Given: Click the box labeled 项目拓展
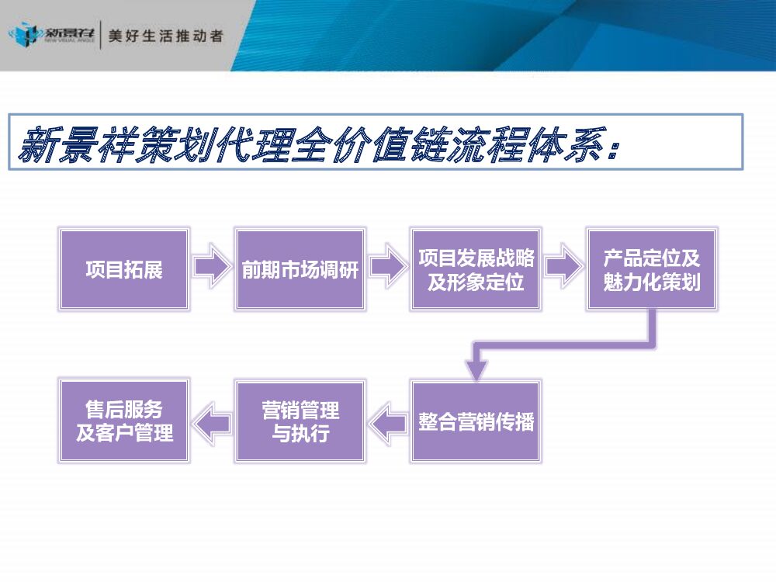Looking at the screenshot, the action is (124, 269).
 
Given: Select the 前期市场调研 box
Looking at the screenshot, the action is (300, 269).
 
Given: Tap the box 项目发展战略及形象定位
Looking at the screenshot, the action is (476, 269).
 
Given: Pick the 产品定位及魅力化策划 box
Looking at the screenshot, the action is (652, 269).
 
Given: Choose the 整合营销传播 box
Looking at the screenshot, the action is (476, 421).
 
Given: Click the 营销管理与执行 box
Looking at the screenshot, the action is (300, 421).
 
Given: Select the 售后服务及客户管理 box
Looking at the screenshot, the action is (124, 421).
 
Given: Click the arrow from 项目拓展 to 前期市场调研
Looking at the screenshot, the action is (211, 268).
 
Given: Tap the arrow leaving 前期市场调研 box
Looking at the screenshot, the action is (387, 268).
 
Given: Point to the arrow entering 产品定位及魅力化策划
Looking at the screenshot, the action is (563, 268).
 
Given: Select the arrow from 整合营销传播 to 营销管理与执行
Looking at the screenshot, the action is (387, 422).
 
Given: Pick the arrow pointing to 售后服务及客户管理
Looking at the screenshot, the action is (211, 422).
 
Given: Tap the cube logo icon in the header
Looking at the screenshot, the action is (23, 36).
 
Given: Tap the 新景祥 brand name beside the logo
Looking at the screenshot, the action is (70, 34).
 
